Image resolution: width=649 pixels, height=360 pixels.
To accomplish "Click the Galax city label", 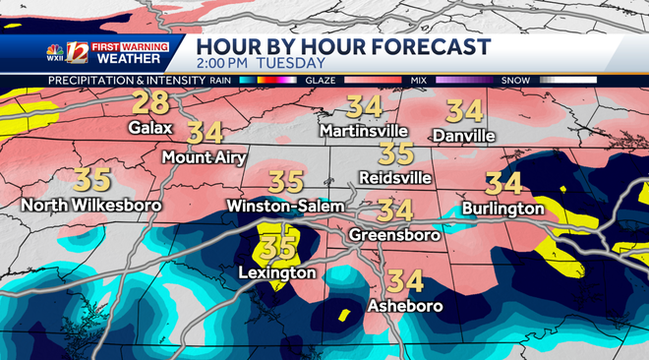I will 150,127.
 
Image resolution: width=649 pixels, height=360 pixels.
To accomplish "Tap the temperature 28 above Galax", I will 150,103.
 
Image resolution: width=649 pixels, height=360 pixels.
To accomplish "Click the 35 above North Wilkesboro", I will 92,180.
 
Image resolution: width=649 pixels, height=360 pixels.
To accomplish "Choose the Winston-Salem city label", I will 286,206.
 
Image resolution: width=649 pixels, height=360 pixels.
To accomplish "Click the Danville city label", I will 462,133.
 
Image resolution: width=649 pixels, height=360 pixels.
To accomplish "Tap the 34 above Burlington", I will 503,183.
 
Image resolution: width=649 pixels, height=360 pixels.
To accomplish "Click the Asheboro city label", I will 404,306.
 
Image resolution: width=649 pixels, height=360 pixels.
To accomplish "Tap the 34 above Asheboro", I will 405,281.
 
